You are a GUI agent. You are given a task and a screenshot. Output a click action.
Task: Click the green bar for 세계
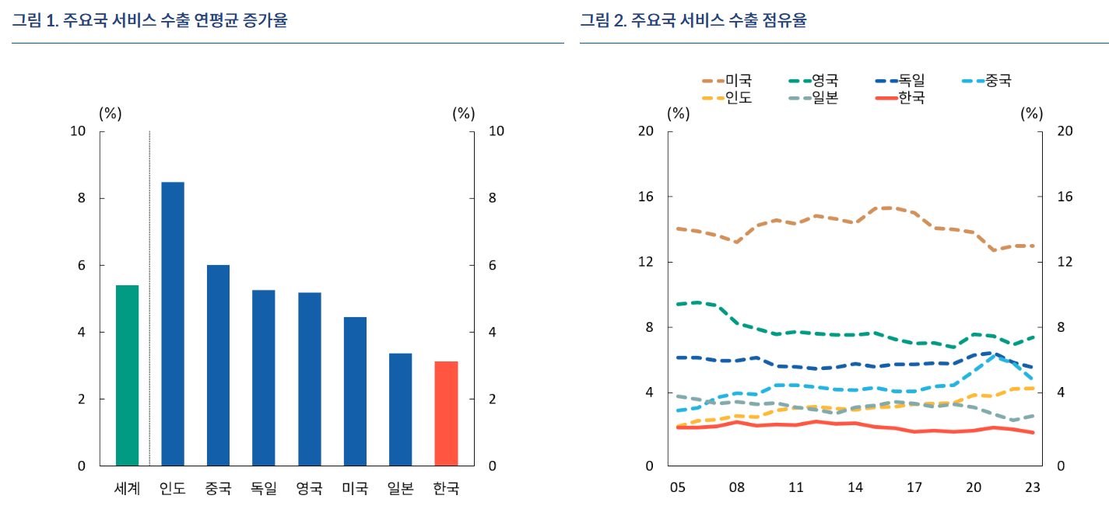(x=127, y=375)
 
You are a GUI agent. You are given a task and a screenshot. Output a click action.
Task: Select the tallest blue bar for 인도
(x=173, y=323)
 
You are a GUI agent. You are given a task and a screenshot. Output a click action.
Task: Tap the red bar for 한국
(x=446, y=414)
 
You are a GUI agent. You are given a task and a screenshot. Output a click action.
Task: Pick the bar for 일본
(x=400, y=410)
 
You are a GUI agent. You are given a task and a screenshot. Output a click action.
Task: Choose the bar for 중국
(x=218, y=365)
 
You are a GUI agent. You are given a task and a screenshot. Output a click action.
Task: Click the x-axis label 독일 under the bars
(x=264, y=489)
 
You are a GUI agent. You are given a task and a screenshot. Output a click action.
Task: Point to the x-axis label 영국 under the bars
(x=309, y=489)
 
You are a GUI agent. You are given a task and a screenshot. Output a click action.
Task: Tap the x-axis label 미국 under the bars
(x=355, y=489)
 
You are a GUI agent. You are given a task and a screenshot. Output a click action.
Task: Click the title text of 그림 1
(x=149, y=21)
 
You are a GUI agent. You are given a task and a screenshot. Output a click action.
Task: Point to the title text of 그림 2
(x=693, y=21)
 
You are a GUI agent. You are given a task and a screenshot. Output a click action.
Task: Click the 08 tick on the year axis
(x=737, y=488)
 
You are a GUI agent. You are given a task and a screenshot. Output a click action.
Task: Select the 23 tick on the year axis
(x=1033, y=488)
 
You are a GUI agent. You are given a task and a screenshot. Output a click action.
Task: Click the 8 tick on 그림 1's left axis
(x=80, y=198)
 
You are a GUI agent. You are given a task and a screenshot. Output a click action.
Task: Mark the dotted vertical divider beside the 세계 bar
(x=149, y=295)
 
